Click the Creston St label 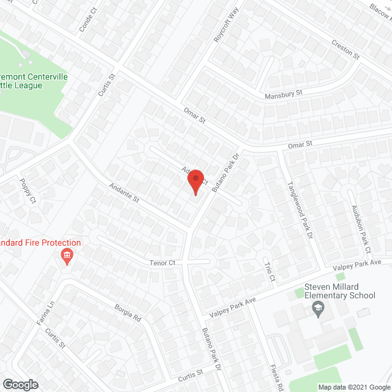(x=345, y=51)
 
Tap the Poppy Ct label (x=28, y=191)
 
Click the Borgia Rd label (x=128, y=312)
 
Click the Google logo (x=20, y=384)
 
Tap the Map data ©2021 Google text (x=354, y=386)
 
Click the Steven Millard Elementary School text (x=340, y=291)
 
